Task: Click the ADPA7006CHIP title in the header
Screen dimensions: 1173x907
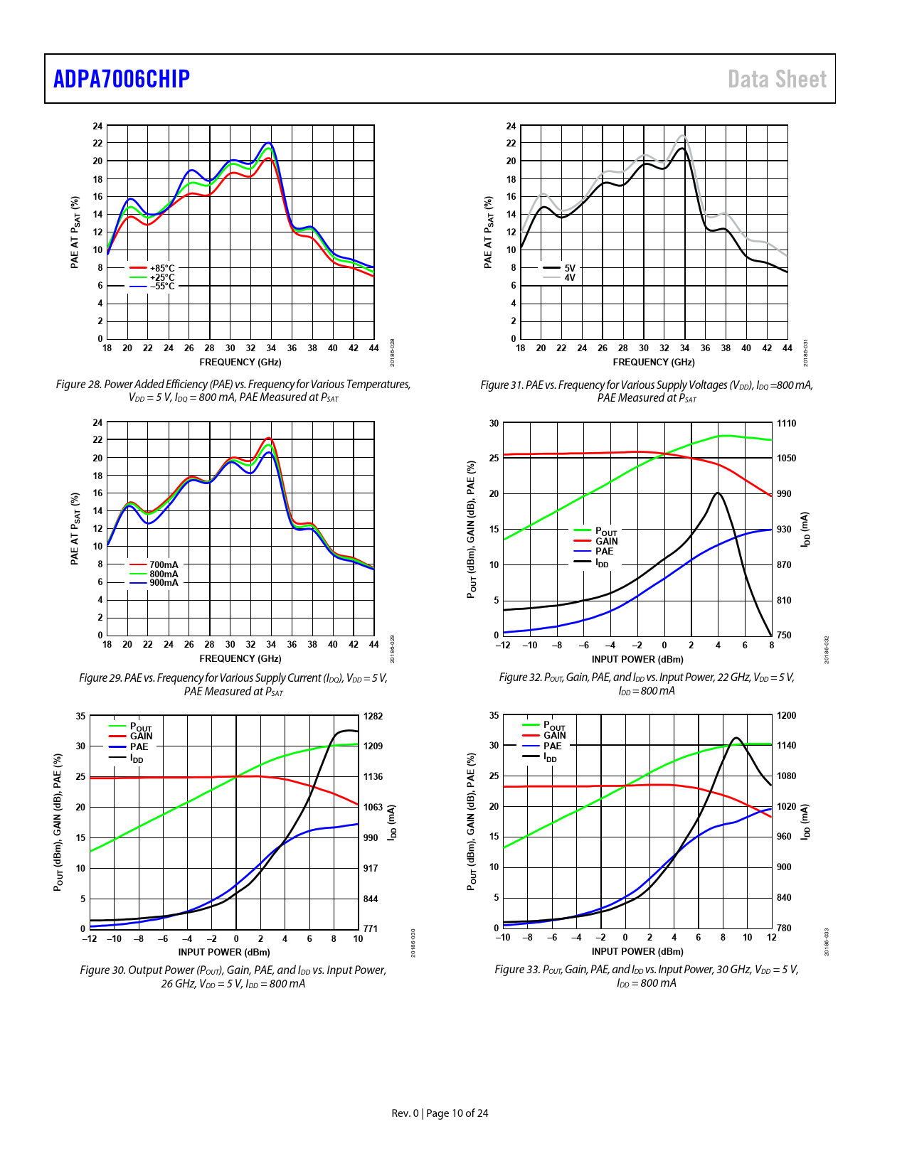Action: point(122,79)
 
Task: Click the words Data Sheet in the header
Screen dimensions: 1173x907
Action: point(777,79)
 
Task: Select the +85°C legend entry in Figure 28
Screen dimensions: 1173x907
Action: point(161,269)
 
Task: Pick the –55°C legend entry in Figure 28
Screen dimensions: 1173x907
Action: point(161,286)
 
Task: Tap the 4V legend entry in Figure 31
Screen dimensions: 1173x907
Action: point(570,278)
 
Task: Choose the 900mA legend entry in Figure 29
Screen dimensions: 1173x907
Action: point(164,583)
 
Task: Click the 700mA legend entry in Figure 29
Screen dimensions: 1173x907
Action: point(164,565)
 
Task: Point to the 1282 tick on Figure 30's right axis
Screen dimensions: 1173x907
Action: point(373,716)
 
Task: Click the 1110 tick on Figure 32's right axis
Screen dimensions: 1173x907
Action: point(786,424)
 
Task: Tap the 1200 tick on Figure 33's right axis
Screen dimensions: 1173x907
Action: point(786,716)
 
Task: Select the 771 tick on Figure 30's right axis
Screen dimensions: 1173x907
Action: point(371,928)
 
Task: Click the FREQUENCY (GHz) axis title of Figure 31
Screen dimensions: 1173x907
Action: point(654,363)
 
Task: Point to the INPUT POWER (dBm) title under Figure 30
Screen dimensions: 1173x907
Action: point(224,953)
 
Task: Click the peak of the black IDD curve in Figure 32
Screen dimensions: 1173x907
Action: point(718,493)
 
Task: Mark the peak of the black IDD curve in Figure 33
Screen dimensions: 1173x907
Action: point(736,738)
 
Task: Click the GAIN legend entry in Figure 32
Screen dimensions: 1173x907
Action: point(606,542)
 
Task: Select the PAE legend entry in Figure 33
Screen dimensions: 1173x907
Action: point(553,746)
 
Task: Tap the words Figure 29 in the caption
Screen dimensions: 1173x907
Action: point(100,678)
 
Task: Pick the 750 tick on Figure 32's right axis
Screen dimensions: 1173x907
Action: point(784,636)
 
